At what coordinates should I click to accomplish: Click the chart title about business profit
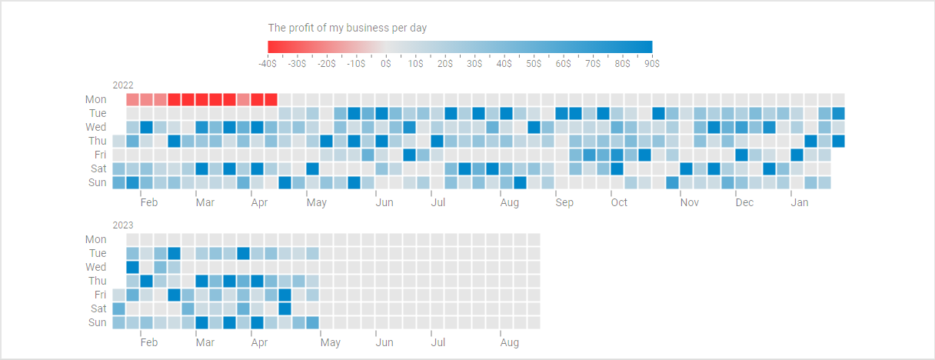347,28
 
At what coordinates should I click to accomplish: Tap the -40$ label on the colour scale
268,64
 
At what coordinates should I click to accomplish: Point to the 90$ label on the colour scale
651,64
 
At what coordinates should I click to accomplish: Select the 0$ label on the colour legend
386,64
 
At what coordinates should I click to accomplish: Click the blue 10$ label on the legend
415,64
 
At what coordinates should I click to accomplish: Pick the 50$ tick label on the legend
534,64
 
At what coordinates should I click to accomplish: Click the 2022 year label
123,85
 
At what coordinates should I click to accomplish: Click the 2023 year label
123,225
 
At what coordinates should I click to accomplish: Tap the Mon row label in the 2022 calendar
96,99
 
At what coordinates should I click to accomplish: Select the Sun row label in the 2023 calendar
97,322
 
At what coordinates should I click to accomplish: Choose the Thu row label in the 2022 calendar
97,141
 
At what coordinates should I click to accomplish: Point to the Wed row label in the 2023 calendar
96,267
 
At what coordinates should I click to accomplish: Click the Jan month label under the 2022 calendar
800,202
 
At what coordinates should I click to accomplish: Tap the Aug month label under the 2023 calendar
509,342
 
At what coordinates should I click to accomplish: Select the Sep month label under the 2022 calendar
564,202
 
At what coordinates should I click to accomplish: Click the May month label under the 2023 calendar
331,342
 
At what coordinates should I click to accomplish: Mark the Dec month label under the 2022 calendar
744,202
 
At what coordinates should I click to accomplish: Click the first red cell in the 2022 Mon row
133,99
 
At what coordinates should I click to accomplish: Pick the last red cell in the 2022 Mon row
271,99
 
